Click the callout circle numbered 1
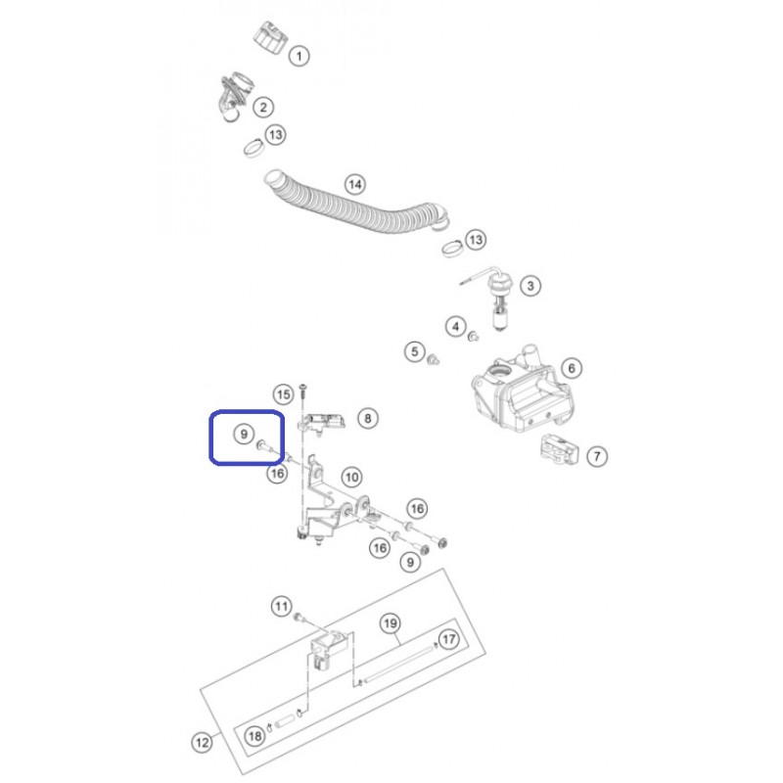pyautogui.click(x=299, y=56)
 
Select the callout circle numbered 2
pyautogui.click(x=263, y=107)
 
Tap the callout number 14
pyautogui.click(x=355, y=185)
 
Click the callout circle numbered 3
pyautogui.click(x=530, y=286)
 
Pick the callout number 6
pyautogui.click(x=572, y=369)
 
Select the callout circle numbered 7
pyautogui.click(x=597, y=456)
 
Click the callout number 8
pyautogui.click(x=368, y=419)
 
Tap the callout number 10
pyautogui.click(x=351, y=478)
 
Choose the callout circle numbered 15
pyautogui.click(x=284, y=395)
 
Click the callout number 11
pyautogui.click(x=282, y=607)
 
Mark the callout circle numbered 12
pyautogui.click(x=203, y=743)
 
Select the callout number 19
pyautogui.click(x=391, y=623)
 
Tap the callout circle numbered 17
pyautogui.click(x=449, y=639)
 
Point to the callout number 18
pyautogui.click(x=255, y=736)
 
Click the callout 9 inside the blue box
pyautogui.click(x=244, y=434)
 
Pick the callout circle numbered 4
pyautogui.click(x=455, y=328)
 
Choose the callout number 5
pyautogui.click(x=414, y=352)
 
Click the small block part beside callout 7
pyautogui.click(x=559, y=449)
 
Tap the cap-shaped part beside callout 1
pyautogui.click(x=270, y=37)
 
